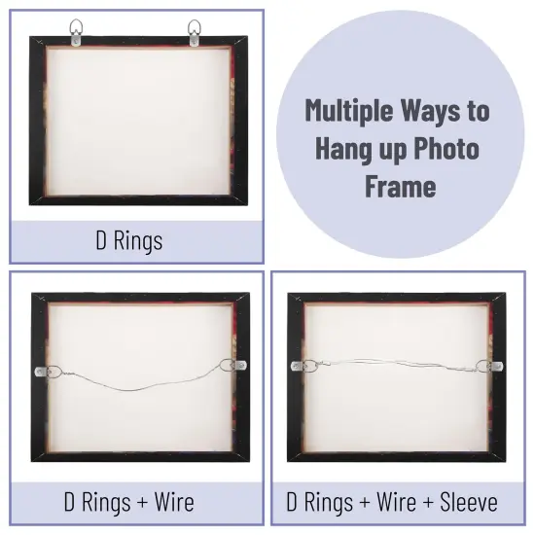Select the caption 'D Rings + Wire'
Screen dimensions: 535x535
pos(128,502)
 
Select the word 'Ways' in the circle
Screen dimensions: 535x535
pos(434,110)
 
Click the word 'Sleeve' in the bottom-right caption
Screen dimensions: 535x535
pos(465,502)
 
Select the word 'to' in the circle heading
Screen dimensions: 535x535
pos(478,110)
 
